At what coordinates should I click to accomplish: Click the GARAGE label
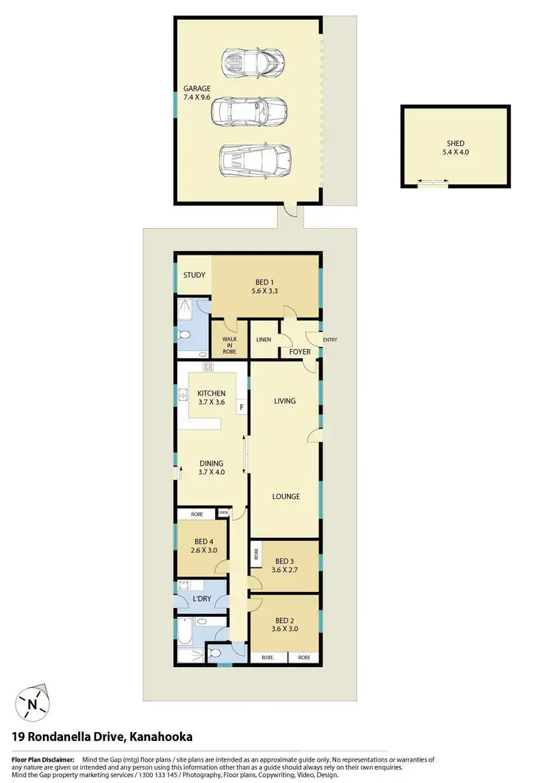click(x=197, y=89)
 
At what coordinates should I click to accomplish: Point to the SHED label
click(x=455, y=144)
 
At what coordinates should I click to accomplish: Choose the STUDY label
click(x=194, y=275)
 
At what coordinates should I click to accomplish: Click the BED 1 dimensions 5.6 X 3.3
click(x=267, y=291)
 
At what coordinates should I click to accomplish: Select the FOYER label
click(x=298, y=352)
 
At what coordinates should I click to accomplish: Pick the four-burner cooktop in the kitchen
click(x=208, y=367)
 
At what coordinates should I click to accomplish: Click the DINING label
click(x=211, y=463)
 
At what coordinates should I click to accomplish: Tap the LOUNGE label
click(x=285, y=497)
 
